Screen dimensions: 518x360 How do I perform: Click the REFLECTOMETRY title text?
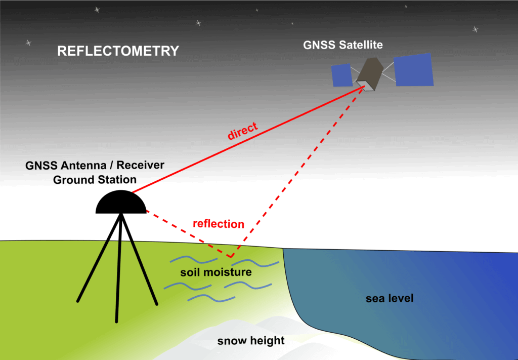click(x=118, y=51)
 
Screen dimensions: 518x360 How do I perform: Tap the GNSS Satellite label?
click(x=343, y=45)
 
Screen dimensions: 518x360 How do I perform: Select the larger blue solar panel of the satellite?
click(x=414, y=70)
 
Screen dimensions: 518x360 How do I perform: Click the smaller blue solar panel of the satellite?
click(x=342, y=75)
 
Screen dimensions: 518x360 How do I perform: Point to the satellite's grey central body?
click(x=370, y=74)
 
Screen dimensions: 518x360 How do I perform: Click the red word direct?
click(x=242, y=131)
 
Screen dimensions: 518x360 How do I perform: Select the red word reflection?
click(x=219, y=224)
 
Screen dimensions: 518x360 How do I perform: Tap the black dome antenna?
click(x=121, y=202)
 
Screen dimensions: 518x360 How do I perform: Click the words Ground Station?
click(x=95, y=180)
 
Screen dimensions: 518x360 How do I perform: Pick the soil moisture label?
click(x=216, y=272)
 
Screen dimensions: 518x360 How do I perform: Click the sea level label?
click(x=390, y=299)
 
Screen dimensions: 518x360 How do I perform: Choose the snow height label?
click(x=251, y=340)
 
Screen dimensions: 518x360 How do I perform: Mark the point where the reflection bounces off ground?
click(x=231, y=256)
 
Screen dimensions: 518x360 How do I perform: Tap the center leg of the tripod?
click(x=118, y=268)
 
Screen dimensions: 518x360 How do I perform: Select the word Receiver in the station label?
click(x=141, y=165)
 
